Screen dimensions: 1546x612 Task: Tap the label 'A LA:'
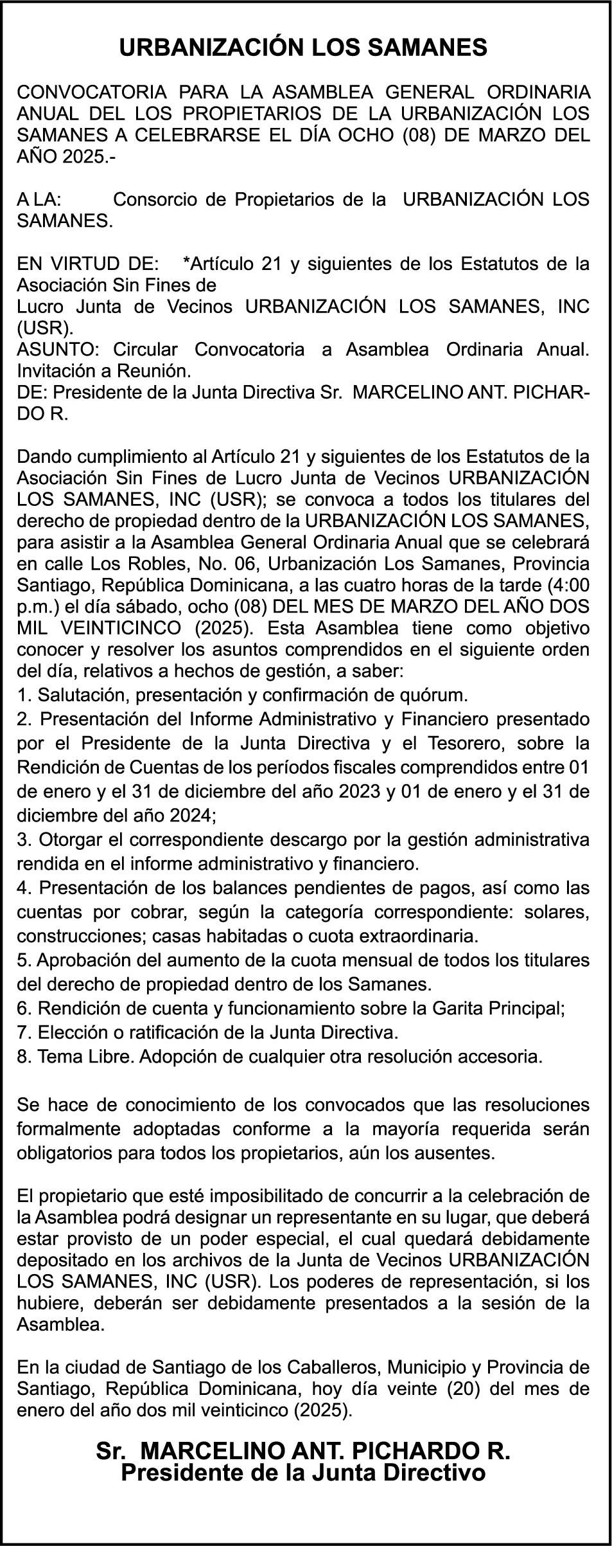pos(39,199)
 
